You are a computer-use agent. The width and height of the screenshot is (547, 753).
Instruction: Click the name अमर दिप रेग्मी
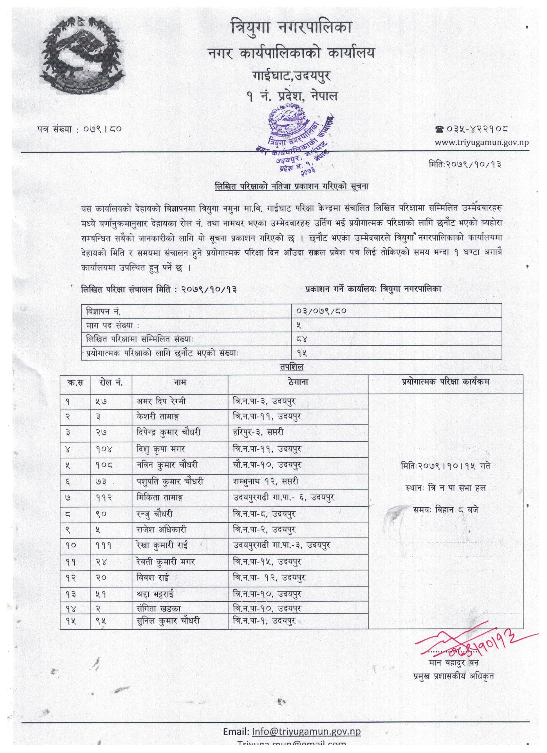click(x=161, y=401)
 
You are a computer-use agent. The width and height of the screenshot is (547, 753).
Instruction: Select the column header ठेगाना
click(x=298, y=382)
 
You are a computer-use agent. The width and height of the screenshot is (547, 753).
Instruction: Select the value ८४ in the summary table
click(x=304, y=339)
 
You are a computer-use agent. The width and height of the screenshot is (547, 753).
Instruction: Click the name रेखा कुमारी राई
click(x=167, y=545)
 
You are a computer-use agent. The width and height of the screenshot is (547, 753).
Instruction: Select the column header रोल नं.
click(x=111, y=382)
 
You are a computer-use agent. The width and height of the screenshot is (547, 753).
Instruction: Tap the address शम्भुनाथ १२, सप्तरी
click(x=265, y=481)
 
